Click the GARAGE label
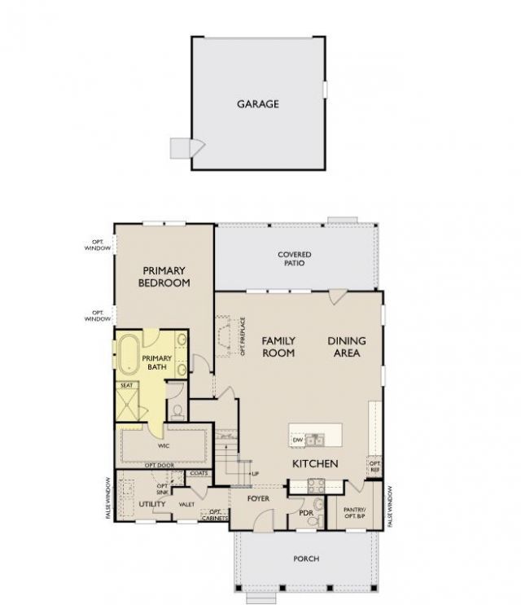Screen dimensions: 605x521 coord(258,104)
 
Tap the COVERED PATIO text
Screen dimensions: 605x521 coord(294,260)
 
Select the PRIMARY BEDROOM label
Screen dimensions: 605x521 coord(165,277)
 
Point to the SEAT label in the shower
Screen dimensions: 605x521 coord(127,385)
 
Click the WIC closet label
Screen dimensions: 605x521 coord(163,446)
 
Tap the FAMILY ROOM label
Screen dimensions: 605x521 coord(278,347)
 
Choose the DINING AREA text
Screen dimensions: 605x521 coord(347,347)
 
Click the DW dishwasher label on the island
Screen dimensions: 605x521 coord(297,441)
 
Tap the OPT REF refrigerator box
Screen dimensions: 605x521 coord(374,465)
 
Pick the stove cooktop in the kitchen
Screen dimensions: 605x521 coord(315,486)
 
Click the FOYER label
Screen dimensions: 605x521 coord(258,498)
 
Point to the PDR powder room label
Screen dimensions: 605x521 coord(306,514)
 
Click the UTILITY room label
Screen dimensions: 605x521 coord(152,505)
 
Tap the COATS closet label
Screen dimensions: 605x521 coord(198,473)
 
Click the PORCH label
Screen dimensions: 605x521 coord(306,559)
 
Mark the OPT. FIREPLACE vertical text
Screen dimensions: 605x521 coord(243,337)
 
